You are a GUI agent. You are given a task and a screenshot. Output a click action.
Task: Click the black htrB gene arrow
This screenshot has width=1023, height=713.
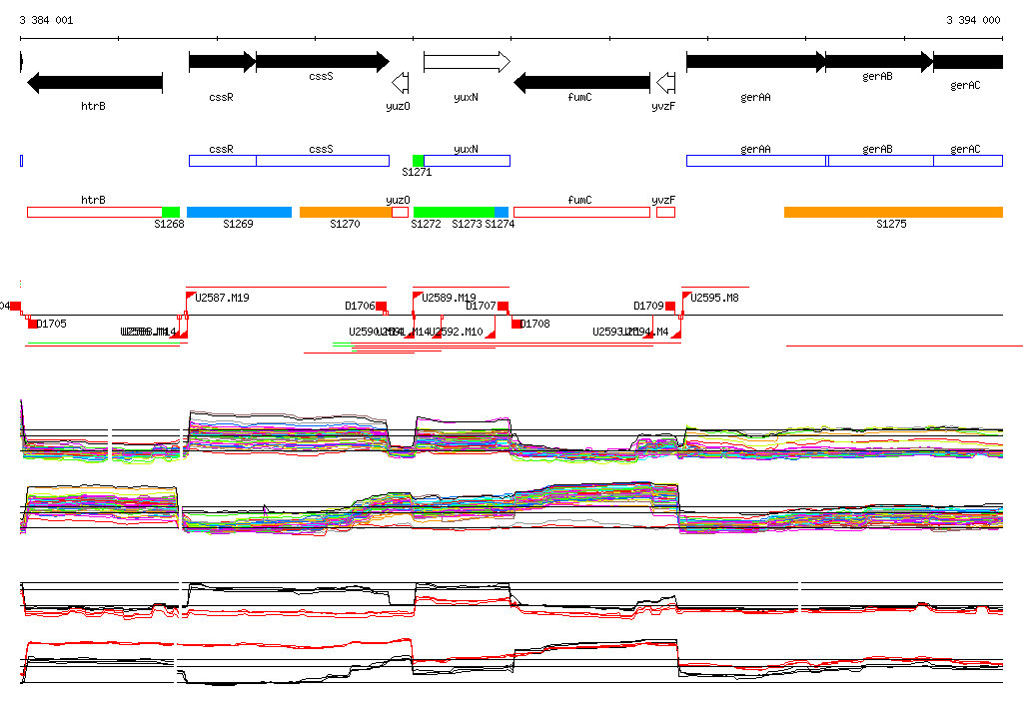pyautogui.click(x=95, y=83)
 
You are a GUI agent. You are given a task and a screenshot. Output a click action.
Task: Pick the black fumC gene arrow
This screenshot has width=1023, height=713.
pyautogui.click(x=581, y=83)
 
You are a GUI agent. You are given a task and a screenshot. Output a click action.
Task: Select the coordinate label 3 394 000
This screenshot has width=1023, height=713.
pyautogui.click(x=973, y=20)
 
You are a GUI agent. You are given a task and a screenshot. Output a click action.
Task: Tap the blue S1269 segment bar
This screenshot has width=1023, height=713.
pyautogui.click(x=239, y=212)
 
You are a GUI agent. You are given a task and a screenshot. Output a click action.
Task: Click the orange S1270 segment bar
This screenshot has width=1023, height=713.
pyautogui.click(x=346, y=212)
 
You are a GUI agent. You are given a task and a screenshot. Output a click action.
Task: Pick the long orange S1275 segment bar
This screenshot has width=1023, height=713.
pyautogui.click(x=893, y=212)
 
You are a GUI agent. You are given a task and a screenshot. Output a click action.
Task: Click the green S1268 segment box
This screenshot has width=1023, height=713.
pyautogui.click(x=171, y=212)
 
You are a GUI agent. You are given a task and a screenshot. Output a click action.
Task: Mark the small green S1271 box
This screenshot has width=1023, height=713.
pyautogui.click(x=418, y=161)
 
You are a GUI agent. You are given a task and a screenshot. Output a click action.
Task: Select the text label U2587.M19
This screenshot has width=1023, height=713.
pyautogui.click(x=222, y=298)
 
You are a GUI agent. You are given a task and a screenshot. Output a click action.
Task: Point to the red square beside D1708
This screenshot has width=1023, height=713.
pyautogui.click(x=516, y=324)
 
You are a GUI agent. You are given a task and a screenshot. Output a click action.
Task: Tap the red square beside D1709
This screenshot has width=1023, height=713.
pyautogui.click(x=670, y=306)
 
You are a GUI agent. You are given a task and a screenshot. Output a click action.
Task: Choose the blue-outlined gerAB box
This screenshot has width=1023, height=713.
pyautogui.click(x=880, y=161)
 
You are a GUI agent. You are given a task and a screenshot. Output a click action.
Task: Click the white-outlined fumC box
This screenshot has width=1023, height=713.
pyautogui.click(x=581, y=212)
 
